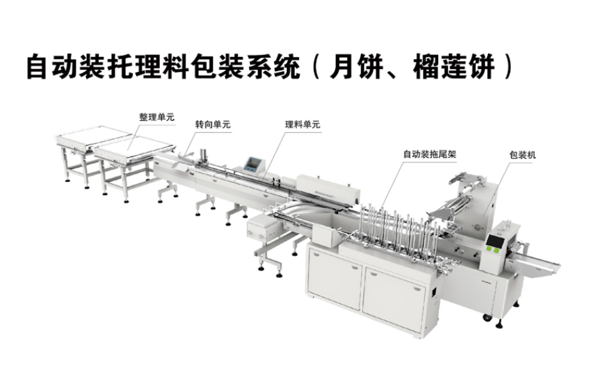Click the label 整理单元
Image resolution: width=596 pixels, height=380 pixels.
157,117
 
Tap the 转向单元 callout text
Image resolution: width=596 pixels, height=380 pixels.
213,124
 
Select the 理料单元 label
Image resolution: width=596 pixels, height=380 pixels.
302,124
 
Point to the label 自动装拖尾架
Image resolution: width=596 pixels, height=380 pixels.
429,154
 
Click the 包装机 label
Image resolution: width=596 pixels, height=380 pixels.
523,155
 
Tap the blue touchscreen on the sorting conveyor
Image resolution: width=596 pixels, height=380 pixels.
252,164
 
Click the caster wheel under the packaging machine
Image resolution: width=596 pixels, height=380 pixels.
486,318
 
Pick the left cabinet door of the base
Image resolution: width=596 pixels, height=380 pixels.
335,277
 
